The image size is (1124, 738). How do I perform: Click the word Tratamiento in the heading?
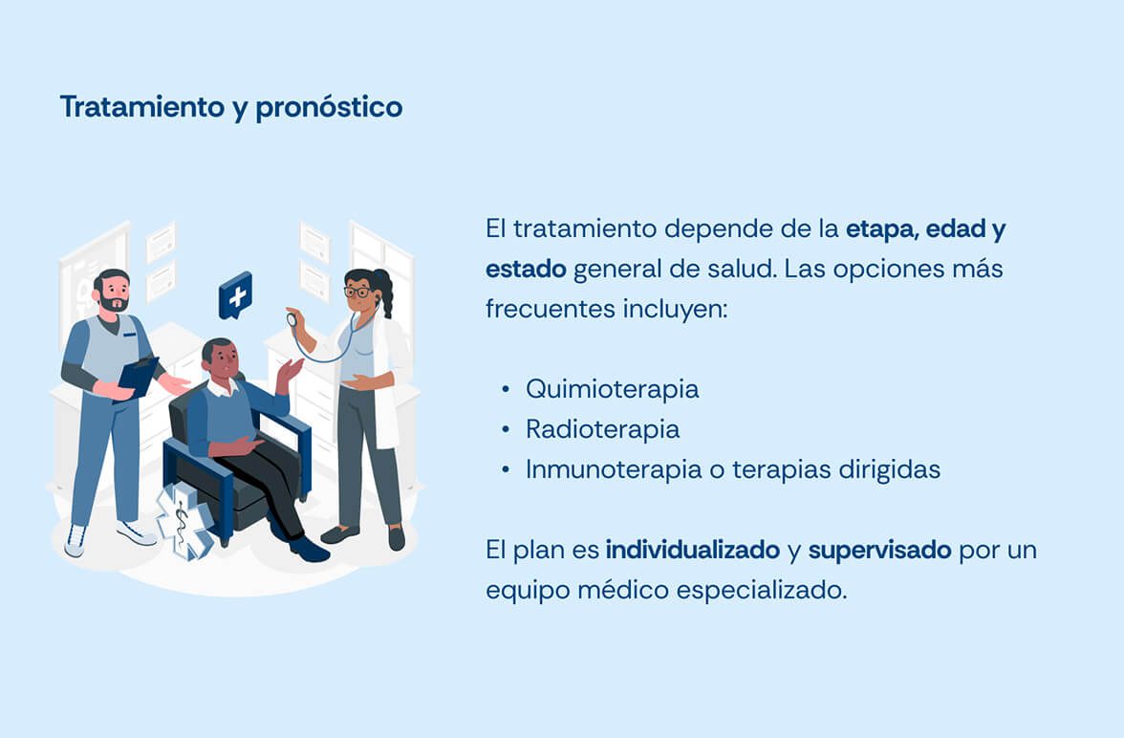tap(142, 107)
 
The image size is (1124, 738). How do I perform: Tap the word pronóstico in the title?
tap(329, 108)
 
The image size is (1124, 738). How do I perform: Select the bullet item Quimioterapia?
tap(612, 389)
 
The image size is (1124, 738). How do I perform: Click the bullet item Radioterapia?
tap(603, 429)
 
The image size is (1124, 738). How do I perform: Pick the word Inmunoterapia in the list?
tap(614, 469)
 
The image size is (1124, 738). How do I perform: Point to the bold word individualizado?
tap(692, 550)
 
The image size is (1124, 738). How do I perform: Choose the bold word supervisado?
tap(879, 551)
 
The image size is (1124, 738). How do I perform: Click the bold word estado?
tap(526, 269)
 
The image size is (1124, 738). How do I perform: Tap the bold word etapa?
tap(881, 229)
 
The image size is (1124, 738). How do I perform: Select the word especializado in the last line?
tap(761, 591)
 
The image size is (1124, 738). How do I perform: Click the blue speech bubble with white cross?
tap(236, 295)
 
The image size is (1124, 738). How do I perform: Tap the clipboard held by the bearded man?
tap(138, 378)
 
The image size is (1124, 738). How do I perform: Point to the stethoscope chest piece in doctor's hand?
tap(292, 318)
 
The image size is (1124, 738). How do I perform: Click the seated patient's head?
tap(219, 358)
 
